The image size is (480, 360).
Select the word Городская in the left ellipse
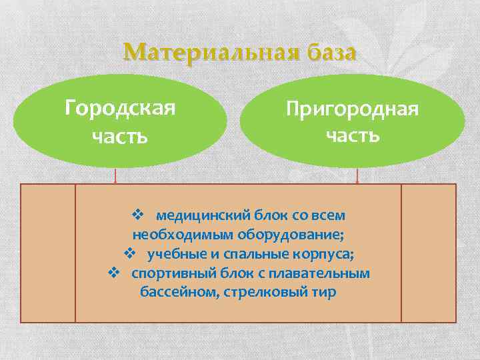120,107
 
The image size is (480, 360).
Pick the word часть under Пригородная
353,135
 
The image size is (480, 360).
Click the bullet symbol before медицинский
139,215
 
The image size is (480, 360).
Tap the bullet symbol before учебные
130,254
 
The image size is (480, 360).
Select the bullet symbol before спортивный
113,273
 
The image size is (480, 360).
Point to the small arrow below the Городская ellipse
116,176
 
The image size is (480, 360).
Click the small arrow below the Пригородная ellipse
358,176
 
